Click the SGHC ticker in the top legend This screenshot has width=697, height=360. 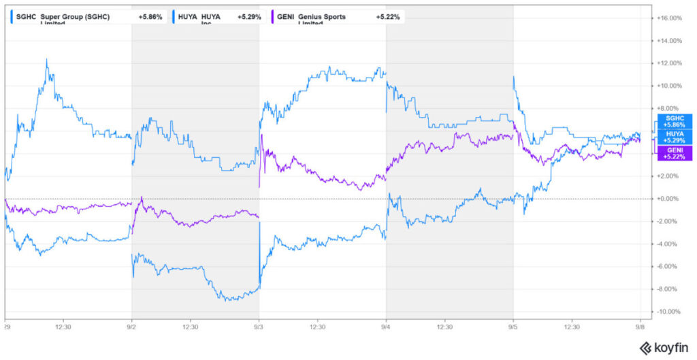25,16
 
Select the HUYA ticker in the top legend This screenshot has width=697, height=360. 188,16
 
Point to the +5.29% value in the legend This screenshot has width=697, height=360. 248,16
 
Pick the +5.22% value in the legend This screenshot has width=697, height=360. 389,16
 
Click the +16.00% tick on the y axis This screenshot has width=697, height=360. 670,18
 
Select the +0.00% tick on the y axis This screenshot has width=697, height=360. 670,199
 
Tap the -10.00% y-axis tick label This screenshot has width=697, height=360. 670,312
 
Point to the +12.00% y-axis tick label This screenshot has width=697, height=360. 670,63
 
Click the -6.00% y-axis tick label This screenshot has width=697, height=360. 670,267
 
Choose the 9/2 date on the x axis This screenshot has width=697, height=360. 132,326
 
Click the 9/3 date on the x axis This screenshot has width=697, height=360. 259,326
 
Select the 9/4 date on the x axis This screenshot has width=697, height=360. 387,326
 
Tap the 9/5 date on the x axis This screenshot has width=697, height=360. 514,326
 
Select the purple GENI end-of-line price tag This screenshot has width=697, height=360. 674,153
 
